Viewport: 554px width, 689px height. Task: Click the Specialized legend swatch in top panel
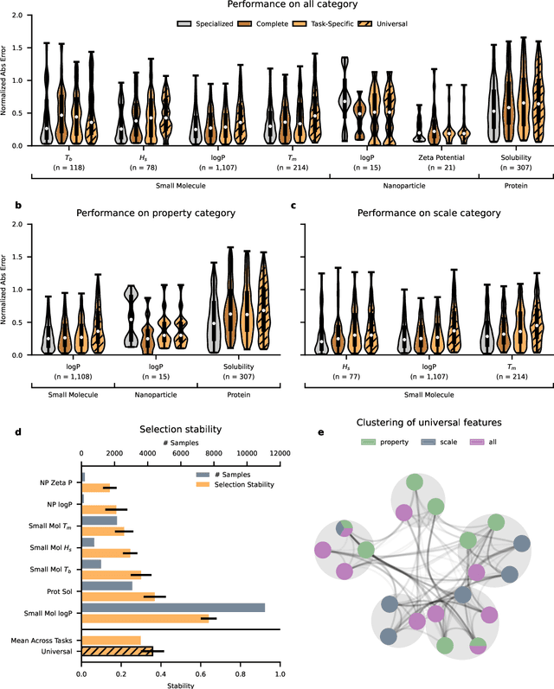coord(184,24)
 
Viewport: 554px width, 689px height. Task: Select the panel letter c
coord(293,207)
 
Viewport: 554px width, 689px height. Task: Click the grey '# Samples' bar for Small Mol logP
coord(173,608)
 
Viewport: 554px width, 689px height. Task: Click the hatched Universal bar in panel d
coord(117,651)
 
